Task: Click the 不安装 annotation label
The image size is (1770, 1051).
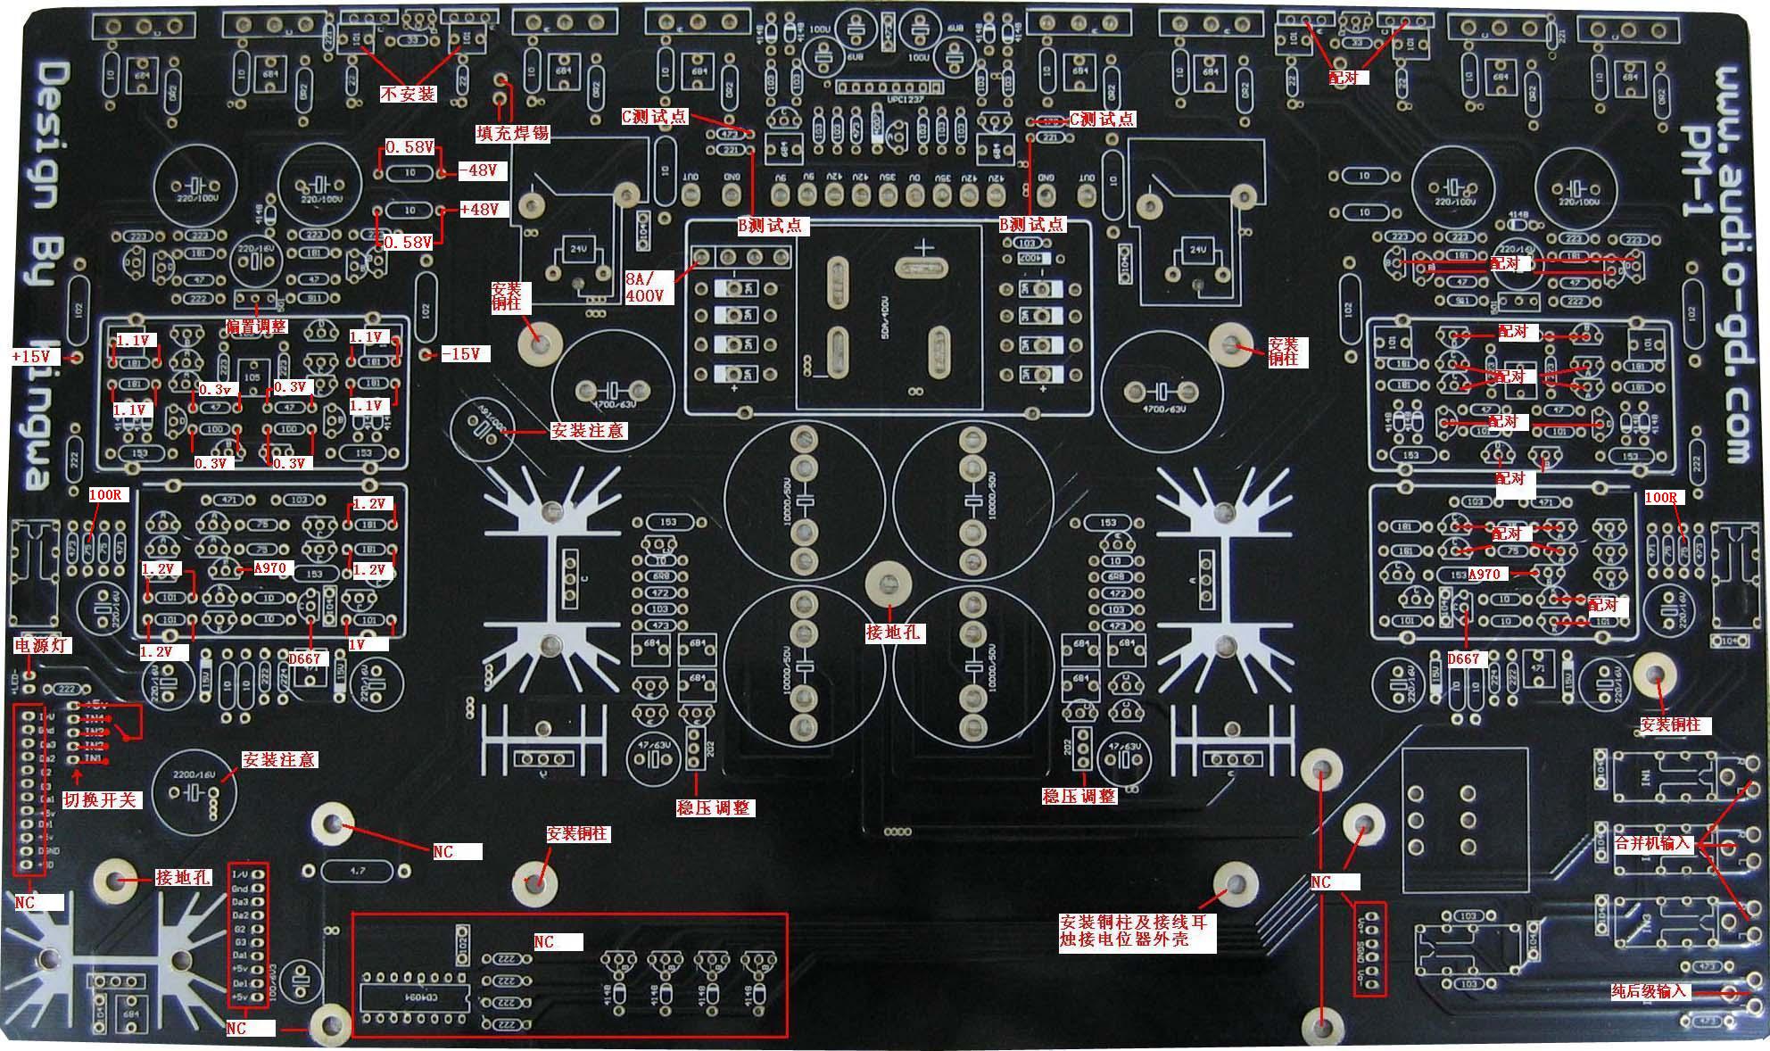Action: pos(409,94)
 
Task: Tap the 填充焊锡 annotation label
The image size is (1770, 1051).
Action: pos(513,134)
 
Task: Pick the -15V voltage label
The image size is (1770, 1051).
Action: pos(466,354)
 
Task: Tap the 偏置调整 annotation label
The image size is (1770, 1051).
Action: pos(257,327)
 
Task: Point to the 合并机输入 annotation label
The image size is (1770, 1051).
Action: pos(1653,843)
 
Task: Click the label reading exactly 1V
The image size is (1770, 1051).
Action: pos(357,644)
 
